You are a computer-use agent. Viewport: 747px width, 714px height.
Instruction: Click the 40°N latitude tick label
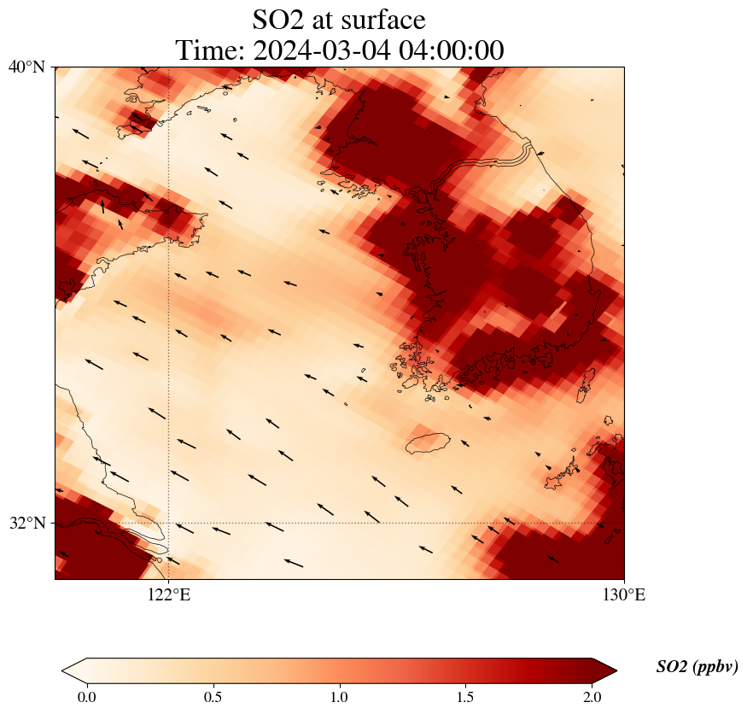26,67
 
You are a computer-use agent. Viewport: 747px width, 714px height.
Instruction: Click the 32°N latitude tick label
26,523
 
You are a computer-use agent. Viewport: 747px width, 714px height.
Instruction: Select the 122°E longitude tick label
169,595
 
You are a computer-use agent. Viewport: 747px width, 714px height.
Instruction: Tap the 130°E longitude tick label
624,595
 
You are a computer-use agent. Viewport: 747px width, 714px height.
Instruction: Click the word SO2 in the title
278,19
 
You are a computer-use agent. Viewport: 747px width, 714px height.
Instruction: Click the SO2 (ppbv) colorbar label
697,667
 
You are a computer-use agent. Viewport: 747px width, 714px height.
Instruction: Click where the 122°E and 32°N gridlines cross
169,523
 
